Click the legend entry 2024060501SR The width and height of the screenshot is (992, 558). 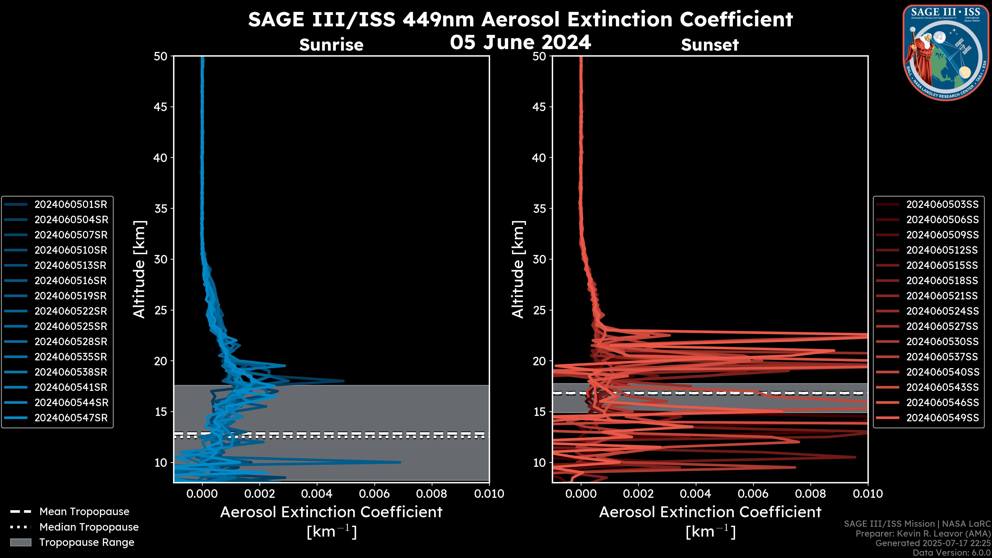coord(71,204)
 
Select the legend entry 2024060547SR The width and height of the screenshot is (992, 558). coord(71,418)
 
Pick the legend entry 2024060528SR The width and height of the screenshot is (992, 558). coord(71,342)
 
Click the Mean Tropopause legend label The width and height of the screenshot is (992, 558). coord(84,512)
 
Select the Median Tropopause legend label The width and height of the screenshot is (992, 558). coord(89,527)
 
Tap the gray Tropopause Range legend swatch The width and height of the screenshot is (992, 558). coord(20,542)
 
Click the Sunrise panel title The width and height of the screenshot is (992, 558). coord(331,45)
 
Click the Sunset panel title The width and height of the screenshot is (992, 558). coord(710,45)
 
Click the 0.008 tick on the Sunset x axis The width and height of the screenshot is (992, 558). coord(811,494)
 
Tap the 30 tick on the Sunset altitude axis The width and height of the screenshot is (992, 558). coord(539,259)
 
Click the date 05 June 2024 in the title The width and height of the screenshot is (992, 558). coord(520,42)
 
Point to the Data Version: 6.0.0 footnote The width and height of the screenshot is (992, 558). coord(952,553)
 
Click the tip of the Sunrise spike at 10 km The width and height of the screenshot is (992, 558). coord(400,462)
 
